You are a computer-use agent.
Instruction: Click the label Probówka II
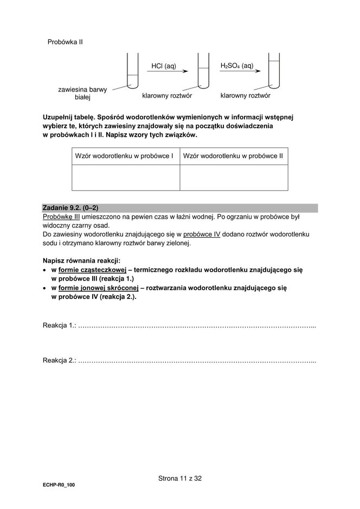pos(65,41)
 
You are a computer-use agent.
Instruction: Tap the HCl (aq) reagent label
pos(164,66)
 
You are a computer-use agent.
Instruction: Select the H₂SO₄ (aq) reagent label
pos(236,65)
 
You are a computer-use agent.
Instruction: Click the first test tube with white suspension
pos(132,71)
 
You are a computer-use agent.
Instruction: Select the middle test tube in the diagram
pos(203,71)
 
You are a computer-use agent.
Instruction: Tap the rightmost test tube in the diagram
pos(274,71)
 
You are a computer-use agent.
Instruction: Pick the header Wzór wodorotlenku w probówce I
pos(124,156)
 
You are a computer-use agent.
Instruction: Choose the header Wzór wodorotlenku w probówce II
pos(234,156)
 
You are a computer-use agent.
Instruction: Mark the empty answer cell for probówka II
pos(234,177)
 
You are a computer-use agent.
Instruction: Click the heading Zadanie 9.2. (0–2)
pos(70,207)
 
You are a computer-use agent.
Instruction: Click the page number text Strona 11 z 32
pos(180,479)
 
